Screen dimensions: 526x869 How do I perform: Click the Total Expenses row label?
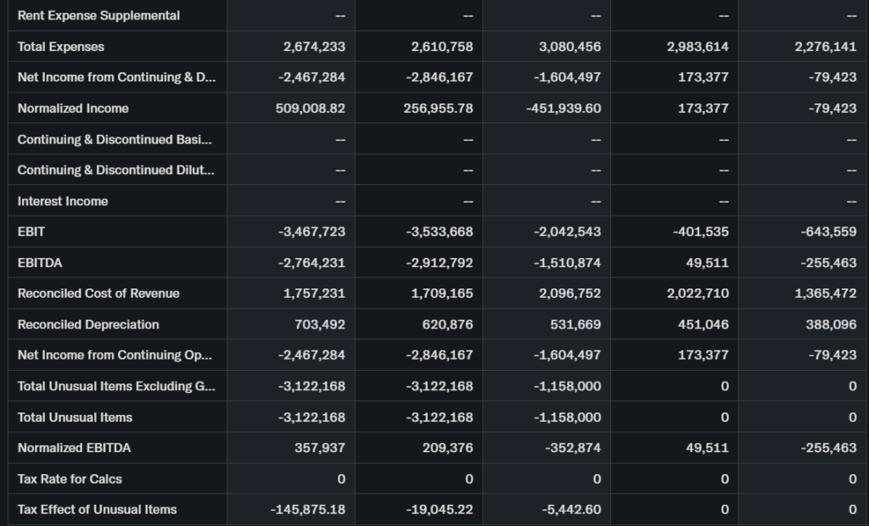[x=61, y=47]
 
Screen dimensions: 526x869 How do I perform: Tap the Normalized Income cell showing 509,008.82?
[x=311, y=109]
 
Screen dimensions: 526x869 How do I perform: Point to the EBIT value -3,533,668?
[x=440, y=232]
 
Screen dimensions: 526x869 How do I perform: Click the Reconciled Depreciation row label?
[x=88, y=324]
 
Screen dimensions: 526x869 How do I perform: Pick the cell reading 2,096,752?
[x=570, y=294]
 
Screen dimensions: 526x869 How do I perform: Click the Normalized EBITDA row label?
[x=75, y=448]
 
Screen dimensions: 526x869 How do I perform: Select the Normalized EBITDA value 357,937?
[x=320, y=448]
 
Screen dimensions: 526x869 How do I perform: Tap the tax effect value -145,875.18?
[x=307, y=509]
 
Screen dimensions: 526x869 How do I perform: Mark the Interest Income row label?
[x=63, y=201]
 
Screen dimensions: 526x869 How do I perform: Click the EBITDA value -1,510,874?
[x=568, y=263]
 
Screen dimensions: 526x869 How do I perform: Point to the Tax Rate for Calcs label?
[x=70, y=478]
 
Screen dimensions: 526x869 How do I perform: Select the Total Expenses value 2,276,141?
[x=826, y=47]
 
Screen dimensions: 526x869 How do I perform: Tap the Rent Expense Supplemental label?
[x=98, y=15]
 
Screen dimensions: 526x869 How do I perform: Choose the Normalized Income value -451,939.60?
[x=563, y=109]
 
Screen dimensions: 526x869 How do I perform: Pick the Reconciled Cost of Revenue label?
[x=98, y=294]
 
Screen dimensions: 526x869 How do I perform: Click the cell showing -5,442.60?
[x=571, y=509]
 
